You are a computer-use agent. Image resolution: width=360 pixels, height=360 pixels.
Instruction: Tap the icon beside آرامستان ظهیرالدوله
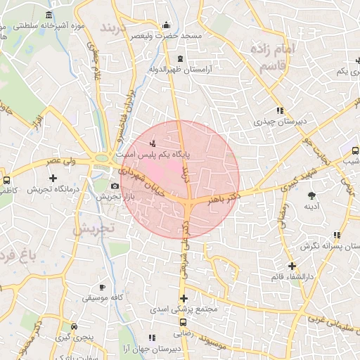[181, 58]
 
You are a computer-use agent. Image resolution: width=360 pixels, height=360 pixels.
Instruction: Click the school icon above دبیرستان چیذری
[280, 110]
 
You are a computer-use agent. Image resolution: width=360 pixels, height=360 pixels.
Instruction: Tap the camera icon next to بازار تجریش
[115, 186]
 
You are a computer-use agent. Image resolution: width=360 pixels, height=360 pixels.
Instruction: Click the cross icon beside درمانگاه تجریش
[53, 178]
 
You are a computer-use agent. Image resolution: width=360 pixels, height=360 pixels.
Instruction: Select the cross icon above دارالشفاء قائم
[292, 266]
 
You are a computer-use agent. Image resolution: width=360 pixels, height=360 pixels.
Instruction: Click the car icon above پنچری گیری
[74, 326]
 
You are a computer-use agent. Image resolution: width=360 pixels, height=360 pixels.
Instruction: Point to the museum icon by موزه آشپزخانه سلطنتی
[49, 15]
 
